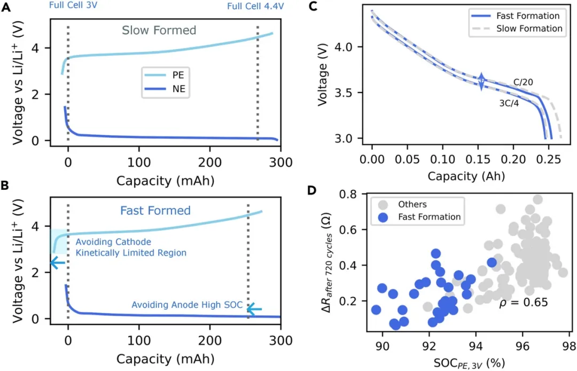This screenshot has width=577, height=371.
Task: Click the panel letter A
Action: [x=6, y=7]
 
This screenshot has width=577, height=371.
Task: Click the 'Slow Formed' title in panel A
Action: [x=159, y=30]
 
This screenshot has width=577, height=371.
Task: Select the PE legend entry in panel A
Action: [x=165, y=75]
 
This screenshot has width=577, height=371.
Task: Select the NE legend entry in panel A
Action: [x=165, y=89]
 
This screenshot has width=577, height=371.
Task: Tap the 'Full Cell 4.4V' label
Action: [x=255, y=6]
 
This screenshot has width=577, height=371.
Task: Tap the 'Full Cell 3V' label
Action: [x=73, y=5]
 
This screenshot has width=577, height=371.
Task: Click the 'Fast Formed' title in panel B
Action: [x=155, y=211]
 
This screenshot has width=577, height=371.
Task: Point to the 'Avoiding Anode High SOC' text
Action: [x=187, y=305]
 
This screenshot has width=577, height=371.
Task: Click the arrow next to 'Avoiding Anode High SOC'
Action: [x=254, y=309]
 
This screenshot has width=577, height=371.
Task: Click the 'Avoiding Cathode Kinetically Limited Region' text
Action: [x=131, y=248]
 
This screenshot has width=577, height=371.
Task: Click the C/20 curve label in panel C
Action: [x=523, y=82]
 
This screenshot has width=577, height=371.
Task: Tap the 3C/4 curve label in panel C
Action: [x=509, y=103]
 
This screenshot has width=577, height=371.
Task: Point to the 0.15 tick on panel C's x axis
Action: [x=478, y=159]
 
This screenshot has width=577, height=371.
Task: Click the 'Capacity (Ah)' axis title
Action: [x=466, y=176]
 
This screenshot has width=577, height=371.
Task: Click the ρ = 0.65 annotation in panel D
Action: [x=523, y=303]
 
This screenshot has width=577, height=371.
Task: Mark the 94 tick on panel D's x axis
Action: [x=476, y=346]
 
